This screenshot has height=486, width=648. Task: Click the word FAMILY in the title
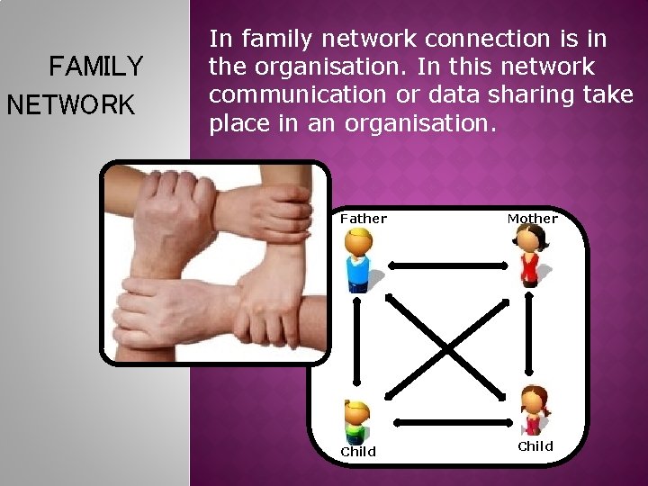pos(96,67)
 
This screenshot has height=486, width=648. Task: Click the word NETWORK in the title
pos(70,104)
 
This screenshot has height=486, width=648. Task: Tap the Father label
pos(364,219)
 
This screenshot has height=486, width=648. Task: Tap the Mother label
pos(532,219)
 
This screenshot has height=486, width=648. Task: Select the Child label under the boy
pos(358,452)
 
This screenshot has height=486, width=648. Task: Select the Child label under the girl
pos(535,446)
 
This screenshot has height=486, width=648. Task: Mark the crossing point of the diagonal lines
pos(447,347)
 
